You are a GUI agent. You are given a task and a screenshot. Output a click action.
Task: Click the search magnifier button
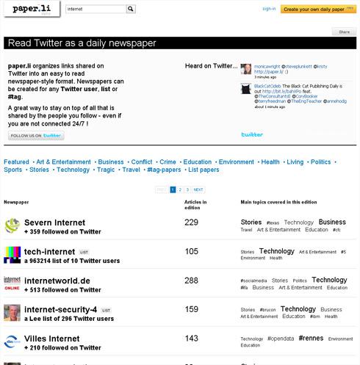(131, 10)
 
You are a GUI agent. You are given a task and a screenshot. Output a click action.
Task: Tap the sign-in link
(269, 10)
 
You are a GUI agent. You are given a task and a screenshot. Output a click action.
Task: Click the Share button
(343, 32)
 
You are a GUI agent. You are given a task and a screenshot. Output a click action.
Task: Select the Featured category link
(17, 162)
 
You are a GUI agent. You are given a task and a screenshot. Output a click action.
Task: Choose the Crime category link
(168, 162)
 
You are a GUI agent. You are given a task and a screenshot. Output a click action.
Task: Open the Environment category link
(236, 162)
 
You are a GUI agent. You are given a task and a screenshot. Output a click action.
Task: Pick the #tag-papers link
(163, 170)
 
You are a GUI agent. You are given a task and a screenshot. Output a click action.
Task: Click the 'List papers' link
(204, 170)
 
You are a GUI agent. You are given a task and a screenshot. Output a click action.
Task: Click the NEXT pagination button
(198, 189)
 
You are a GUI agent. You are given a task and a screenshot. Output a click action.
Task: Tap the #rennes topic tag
(311, 339)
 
